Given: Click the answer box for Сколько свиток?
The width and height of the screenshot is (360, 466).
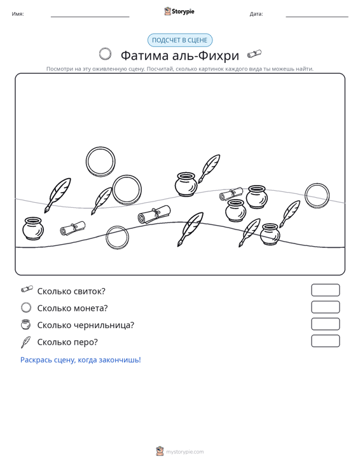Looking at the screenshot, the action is [x=325, y=290].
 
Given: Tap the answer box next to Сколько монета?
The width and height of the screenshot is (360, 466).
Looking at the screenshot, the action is [x=325, y=307].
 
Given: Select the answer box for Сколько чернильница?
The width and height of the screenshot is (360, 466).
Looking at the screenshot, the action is [x=325, y=324].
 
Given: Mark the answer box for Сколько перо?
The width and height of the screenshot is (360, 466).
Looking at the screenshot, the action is [x=325, y=341].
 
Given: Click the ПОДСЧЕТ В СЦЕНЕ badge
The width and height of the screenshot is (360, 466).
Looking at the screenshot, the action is [x=180, y=40].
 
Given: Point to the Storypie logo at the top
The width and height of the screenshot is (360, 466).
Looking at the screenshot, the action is [x=179, y=11].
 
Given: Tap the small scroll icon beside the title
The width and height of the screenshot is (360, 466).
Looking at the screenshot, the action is [x=254, y=54].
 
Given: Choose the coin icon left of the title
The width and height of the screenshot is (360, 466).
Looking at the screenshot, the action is [x=105, y=54].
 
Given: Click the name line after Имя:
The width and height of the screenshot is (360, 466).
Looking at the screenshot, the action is [x=90, y=17].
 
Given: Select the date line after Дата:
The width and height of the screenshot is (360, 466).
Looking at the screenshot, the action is [x=317, y=17].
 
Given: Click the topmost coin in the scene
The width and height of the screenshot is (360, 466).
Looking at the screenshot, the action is [x=100, y=161].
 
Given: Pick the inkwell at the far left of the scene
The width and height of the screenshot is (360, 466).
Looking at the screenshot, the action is [x=33, y=228].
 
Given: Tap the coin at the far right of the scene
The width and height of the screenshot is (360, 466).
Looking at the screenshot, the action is [x=317, y=196].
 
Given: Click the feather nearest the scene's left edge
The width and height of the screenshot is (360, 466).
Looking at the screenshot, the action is [x=58, y=195].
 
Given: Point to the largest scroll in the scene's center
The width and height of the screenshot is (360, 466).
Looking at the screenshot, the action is [x=154, y=215].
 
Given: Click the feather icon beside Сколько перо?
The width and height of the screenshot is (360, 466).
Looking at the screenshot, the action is [x=25, y=342].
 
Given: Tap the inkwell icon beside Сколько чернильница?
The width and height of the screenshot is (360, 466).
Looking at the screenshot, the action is [x=26, y=324].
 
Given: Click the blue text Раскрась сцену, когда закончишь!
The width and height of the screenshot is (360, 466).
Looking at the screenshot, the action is [x=81, y=360].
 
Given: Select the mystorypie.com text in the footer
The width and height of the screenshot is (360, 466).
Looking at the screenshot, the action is [x=184, y=452].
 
